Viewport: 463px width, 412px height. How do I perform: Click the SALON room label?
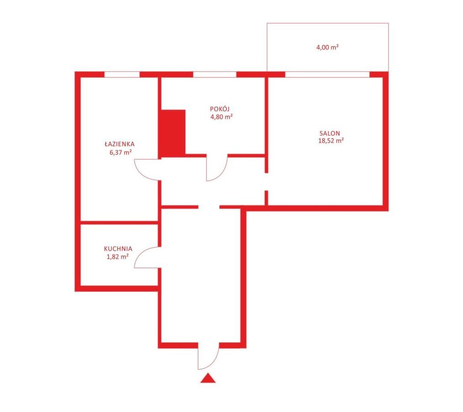330,134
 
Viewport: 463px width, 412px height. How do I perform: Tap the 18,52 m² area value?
331,141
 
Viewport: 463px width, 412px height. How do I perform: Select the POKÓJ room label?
220,109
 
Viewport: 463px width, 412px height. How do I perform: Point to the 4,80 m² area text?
221,117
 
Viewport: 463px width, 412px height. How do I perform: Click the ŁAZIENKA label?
120,144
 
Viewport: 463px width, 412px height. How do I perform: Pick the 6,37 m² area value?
121,153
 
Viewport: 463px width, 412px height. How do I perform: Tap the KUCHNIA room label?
118,249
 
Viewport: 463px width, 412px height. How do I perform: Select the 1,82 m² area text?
117,257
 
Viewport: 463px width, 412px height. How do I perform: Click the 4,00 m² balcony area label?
327,47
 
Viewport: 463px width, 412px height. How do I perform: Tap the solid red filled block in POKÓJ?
173,133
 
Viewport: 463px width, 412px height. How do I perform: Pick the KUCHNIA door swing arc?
141,253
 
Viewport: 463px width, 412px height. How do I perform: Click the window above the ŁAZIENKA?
122,74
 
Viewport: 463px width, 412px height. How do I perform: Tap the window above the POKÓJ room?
215,74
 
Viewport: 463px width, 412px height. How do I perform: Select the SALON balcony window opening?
327,74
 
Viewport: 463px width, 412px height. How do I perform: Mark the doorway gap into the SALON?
266,182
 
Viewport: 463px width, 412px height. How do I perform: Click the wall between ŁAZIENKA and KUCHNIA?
119,222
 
